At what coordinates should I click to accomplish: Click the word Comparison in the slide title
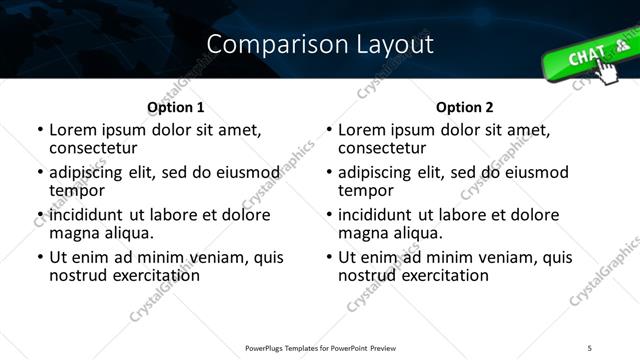click(x=263, y=44)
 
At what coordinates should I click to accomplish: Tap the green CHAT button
click(x=591, y=57)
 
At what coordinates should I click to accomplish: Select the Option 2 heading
click(x=465, y=107)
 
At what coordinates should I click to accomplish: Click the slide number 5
click(x=589, y=347)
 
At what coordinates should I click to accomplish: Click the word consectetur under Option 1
click(x=93, y=147)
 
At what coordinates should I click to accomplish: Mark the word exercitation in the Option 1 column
click(x=153, y=274)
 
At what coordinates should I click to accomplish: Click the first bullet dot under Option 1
click(x=40, y=131)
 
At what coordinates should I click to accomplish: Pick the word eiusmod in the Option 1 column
click(x=237, y=172)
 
